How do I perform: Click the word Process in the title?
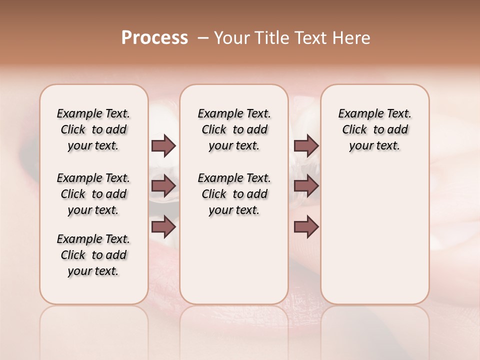point(154,38)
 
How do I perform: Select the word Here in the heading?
point(351,38)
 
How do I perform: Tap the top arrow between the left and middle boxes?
point(163,146)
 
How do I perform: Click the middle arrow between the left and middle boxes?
point(163,186)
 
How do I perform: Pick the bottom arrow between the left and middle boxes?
point(163,227)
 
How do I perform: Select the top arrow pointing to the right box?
point(306,146)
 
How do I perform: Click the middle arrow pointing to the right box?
point(306,186)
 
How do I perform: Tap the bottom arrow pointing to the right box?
point(306,227)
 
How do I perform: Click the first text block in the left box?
point(93,129)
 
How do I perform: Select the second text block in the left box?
point(93,194)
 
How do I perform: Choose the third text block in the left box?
point(93,255)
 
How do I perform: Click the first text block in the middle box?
point(234,129)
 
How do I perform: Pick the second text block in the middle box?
point(234,194)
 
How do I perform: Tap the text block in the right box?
point(374,129)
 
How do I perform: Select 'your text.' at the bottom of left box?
point(93,271)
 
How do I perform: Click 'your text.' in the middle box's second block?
point(234,210)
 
